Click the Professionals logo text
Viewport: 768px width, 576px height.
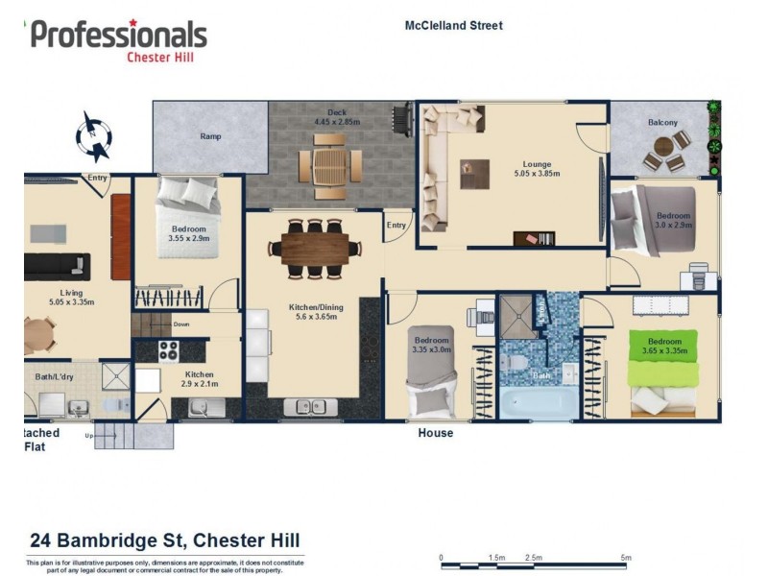click(x=118, y=35)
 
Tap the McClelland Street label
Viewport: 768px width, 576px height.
click(x=453, y=26)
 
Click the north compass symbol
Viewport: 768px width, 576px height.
click(x=95, y=135)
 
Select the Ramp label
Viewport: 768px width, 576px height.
click(x=210, y=136)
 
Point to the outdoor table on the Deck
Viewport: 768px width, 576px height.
click(x=329, y=161)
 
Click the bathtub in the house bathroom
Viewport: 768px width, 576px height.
click(x=539, y=402)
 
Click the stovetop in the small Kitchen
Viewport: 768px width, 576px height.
click(x=170, y=350)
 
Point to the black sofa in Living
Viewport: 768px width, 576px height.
click(x=57, y=265)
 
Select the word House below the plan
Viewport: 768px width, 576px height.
click(x=435, y=433)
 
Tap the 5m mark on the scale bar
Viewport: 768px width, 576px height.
click(x=625, y=557)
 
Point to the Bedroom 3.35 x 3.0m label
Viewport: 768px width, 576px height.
click(x=432, y=346)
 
